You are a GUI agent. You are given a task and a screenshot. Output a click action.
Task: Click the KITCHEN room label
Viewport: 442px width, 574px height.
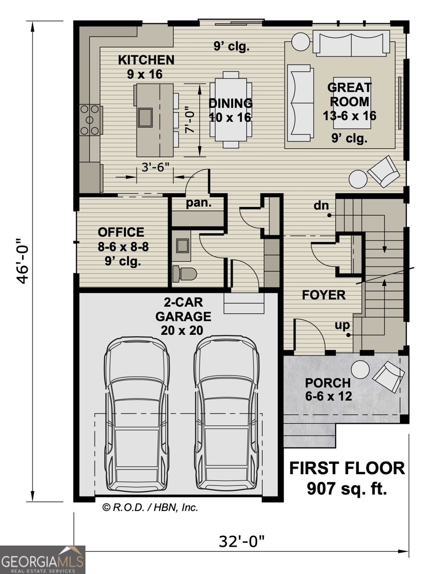[x=146, y=60]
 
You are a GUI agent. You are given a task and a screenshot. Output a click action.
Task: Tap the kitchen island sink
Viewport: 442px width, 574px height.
[x=145, y=116]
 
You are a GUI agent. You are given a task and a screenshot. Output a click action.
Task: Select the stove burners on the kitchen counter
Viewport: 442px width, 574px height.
[x=90, y=120]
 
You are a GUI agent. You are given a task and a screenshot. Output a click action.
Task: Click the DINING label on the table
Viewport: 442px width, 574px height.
[x=230, y=103]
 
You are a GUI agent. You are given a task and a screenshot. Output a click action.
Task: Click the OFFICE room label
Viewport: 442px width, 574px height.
[x=121, y=232]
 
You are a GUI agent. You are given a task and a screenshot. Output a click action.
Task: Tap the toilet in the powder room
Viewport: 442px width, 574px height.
[x=185, y=274]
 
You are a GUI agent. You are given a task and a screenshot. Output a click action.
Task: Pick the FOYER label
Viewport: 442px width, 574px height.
[x=324, y=295]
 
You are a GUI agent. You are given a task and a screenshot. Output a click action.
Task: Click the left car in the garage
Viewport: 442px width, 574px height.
[x=137, y=415]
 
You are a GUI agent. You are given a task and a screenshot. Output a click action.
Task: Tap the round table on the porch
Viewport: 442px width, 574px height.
[x=360, y=369]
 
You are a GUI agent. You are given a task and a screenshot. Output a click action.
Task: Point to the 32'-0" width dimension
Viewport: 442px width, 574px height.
[x=242, y=542]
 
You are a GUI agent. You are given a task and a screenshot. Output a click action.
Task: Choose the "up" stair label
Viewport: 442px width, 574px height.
[x=341, y=326]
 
